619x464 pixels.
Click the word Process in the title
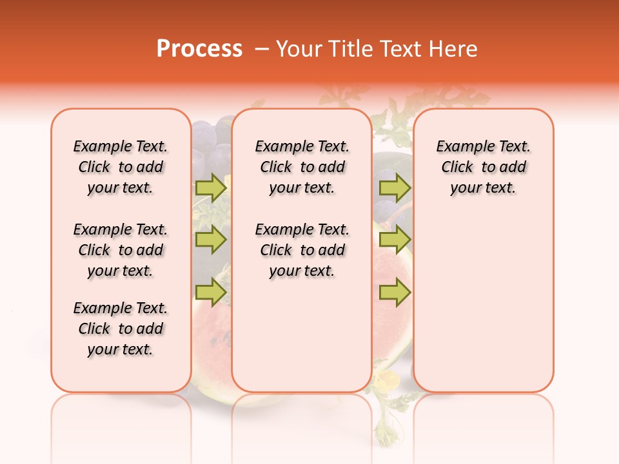pos(199,49)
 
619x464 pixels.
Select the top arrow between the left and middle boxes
pos(211,188)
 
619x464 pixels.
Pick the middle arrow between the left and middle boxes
pos(211,240)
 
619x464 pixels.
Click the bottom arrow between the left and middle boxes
pos(211,293)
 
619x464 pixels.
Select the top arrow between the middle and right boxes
pos(395,188)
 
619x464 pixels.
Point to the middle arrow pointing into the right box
pos(395,240)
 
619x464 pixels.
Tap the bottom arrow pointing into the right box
pos(395,293)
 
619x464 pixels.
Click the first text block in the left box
pos(121,167)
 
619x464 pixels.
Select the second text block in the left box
pos(121,250)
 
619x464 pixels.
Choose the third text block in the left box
pos(121,329)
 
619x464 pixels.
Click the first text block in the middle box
pos(302,167)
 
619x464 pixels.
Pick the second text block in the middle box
pos(302,250)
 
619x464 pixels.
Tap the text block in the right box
pos(483,167)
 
